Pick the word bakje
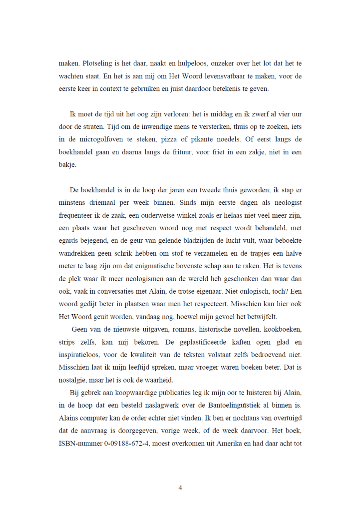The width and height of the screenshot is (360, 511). tap(67, 162)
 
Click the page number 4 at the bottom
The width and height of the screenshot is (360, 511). tap(180, 488)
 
